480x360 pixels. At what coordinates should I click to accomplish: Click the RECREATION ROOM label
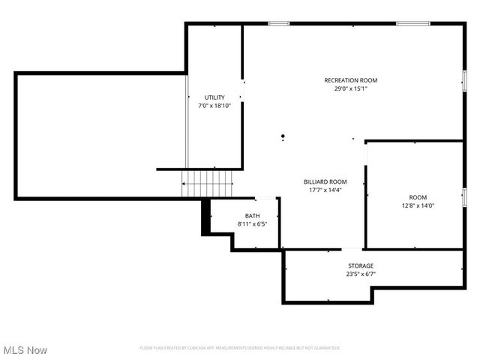point(350,80)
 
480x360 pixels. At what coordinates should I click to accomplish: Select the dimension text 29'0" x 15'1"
point(350,88)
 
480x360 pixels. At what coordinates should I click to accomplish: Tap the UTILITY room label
point(214,97)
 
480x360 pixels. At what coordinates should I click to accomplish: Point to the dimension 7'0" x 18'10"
point(214,106)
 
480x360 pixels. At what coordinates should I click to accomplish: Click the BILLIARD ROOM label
point(325,181)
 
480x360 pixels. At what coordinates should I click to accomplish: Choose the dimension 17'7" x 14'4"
point(325,190)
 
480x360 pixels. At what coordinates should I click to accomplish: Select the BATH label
point(252,216)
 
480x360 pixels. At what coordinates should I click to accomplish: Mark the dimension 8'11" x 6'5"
point(252,223)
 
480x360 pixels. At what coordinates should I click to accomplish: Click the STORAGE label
point(360,265)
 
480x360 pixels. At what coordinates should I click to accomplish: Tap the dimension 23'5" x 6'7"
point(360,274)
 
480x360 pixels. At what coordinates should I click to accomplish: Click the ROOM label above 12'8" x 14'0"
point(418,197)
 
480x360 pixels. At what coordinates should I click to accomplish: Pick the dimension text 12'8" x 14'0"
point(418,205)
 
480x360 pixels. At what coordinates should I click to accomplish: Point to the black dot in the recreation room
point(283,136)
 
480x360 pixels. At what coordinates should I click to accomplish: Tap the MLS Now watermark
point(25,350)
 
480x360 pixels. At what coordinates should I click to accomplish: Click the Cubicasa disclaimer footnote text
point(240,348)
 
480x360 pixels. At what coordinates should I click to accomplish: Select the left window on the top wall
point(279,23)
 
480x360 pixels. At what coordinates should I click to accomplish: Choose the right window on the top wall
point(413,23)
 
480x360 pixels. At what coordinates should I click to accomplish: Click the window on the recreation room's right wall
point(464,79)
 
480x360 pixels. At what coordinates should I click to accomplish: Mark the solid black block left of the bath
point(205,217)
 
